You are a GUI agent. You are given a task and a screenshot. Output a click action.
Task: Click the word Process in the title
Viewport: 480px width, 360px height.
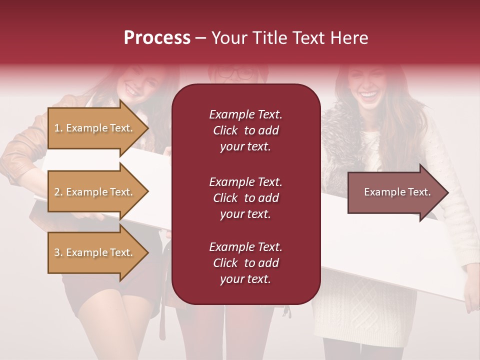[x=157, y=38]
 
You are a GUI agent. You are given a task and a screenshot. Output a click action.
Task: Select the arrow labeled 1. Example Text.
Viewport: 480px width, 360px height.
[x=95, y=128]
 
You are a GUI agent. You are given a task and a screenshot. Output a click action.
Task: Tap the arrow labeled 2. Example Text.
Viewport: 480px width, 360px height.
[x=95, y=192]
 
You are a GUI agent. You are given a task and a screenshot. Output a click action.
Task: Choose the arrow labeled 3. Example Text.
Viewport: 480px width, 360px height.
[x=95, y=252]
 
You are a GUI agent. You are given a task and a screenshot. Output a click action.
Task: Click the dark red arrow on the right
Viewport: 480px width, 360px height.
[x=395, y=192]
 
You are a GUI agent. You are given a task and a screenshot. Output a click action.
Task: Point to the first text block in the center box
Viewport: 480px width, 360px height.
[x=245, y=130]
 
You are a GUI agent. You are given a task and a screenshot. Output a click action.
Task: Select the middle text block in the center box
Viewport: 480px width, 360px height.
[x=245, y=198]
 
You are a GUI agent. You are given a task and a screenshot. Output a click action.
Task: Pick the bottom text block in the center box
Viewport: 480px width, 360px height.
[x=245, y=263]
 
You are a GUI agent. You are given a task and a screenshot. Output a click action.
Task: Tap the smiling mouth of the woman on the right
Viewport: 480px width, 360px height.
[x=368, y=94]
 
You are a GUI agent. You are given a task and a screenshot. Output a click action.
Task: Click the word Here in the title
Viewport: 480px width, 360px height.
[x=349, y=38]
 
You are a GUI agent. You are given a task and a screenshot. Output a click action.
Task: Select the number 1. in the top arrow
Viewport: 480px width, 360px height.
[x=58, y=128]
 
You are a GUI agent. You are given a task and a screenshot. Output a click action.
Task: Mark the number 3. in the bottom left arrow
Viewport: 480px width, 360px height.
[x=58, y=252]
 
